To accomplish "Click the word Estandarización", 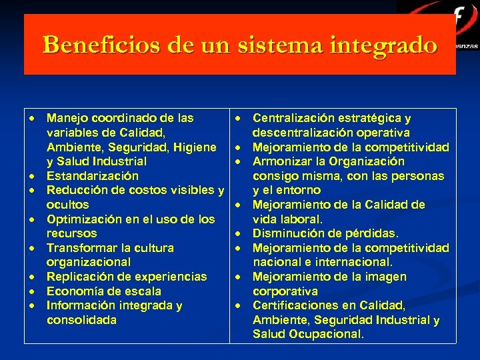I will tap(92, 176).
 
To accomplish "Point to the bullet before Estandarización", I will tap(31, 176).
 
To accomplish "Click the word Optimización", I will tap(83, 219).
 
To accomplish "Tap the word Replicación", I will tap(79, 277).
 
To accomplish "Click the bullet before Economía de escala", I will tap(31, 291).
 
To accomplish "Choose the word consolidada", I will tap(81, 320).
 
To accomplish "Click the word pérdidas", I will tap(374, 233).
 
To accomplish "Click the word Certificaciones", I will tap(295, 305).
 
